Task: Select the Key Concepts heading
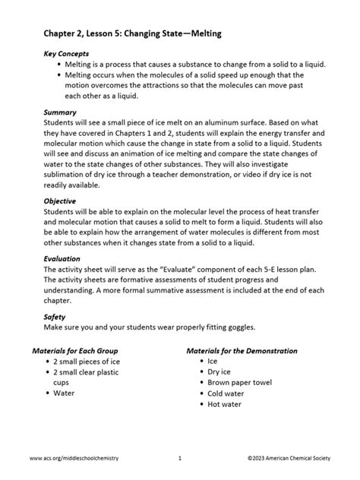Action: pyautogui.click(x=66, y=55)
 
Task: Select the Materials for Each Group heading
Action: pyautogui.click(x=86, y=351)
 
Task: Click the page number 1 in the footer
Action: pyautogui.click(x=180, y=459)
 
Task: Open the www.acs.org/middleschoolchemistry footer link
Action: pyautogui.click(x=74, y=459)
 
